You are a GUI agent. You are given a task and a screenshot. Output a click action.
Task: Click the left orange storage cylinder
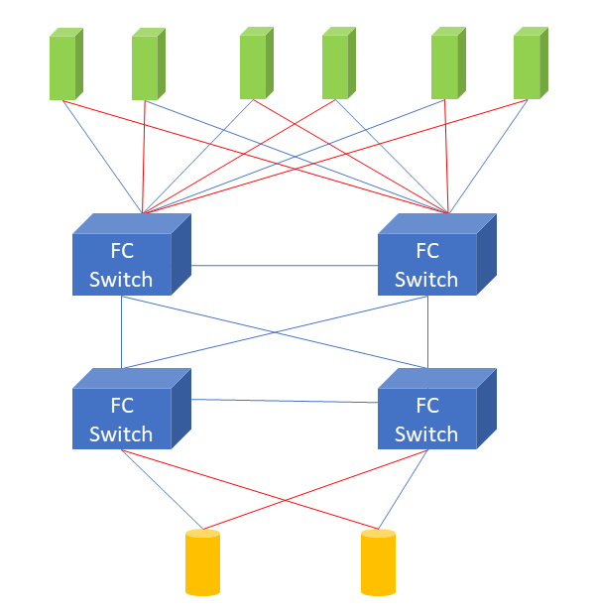(x=202, y=562)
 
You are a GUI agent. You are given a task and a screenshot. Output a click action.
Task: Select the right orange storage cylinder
(x=378, y=562)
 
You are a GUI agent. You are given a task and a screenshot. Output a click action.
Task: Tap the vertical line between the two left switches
(x=121, y=332)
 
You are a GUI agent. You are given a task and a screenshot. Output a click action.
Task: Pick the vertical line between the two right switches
(x=427, y=332)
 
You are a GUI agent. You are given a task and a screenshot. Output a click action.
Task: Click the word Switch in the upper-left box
(x=121, y=279)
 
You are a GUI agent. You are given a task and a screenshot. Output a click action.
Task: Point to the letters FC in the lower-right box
(x=426, y=406)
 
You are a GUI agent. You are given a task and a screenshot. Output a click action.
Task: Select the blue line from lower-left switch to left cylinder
(x=162, y=489)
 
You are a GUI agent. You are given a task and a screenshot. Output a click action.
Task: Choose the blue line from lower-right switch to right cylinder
(x=404, y=488)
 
